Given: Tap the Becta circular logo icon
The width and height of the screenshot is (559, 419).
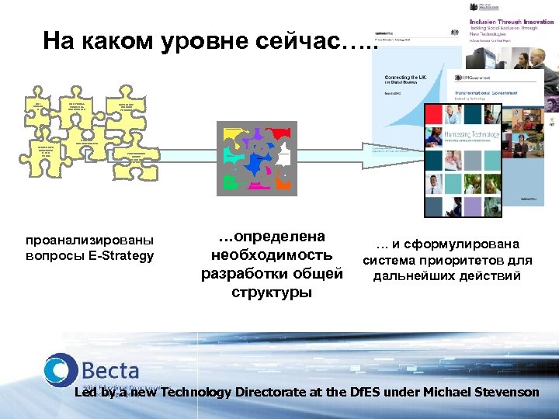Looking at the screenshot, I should (60, 370).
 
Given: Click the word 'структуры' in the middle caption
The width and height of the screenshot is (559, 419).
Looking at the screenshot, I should (271, 292).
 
